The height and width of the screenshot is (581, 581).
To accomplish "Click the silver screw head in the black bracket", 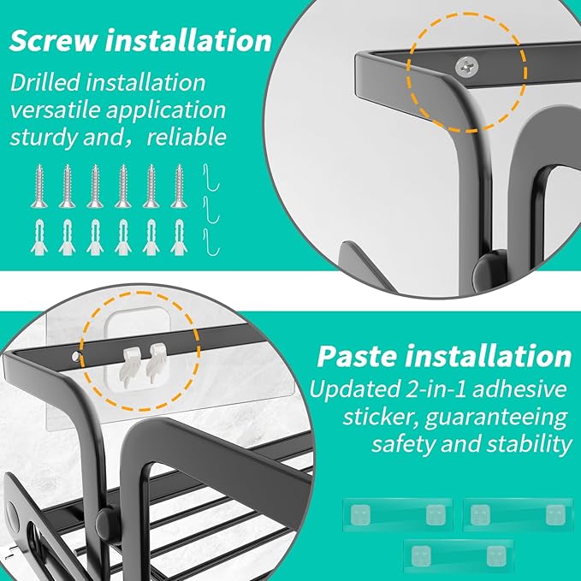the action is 467,67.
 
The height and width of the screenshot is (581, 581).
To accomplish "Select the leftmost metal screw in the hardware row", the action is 39,187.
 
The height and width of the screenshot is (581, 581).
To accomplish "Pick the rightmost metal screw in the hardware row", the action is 179,187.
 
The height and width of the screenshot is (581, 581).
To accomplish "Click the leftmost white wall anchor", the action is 39,238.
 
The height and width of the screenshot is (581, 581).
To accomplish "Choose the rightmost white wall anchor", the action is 179,238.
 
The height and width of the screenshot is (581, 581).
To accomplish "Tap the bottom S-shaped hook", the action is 211,242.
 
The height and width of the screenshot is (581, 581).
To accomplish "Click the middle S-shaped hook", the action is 211,210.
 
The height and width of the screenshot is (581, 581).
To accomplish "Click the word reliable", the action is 187,137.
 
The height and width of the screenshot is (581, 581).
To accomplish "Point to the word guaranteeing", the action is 495,418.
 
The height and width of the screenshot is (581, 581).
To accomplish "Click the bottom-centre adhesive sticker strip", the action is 459,555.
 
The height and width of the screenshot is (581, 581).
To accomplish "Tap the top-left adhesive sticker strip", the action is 398,514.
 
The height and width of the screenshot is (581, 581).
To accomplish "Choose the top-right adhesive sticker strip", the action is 518,514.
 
